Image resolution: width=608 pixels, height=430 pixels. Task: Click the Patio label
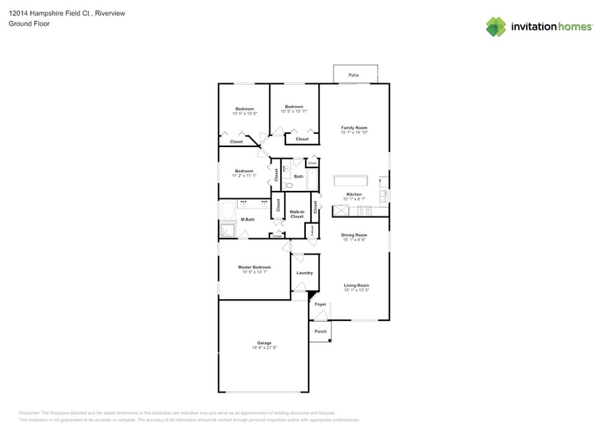coord(353,75)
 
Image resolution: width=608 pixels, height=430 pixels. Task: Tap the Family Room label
coord(353,127)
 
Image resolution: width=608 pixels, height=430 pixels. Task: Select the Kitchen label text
coord(353,195)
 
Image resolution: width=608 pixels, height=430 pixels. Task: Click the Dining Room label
coord(353,235)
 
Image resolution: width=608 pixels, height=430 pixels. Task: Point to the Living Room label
coord(356,285)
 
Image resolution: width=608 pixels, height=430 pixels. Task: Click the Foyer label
coord(320,304)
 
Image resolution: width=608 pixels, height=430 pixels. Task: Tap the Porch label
coord(320,331)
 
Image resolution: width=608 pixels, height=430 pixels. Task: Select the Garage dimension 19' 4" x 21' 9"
coord(264,348)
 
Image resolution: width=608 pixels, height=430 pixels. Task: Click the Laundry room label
coord(304,273)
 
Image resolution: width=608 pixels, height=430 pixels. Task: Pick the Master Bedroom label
coord(254,267)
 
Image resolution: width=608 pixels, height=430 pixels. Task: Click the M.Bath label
coord(249,219)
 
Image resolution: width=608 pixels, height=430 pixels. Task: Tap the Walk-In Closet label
coord(296,214)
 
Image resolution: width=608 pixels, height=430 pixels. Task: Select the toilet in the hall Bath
coord(289,186)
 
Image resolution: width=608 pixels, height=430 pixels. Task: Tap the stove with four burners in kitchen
coord(361,211)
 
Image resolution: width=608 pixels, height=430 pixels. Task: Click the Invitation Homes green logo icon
coord(496,26)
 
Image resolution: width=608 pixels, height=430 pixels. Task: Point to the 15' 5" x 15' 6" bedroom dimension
coord(244,113)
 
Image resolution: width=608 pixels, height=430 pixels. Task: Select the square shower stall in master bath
coord(228,231)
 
